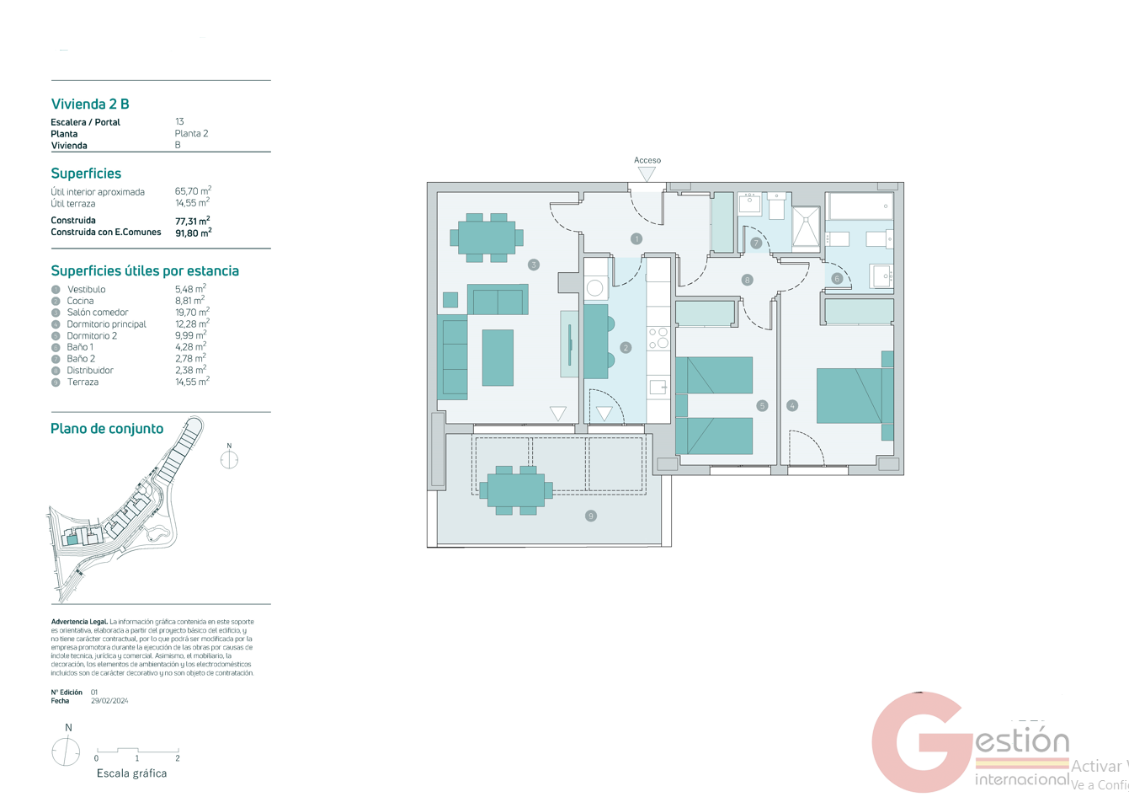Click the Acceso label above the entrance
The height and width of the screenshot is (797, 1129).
[647, 160]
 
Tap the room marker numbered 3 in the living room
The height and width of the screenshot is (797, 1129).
[533, 265]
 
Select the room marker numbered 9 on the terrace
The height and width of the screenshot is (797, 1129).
[590, 516]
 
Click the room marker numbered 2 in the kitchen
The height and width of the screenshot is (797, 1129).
[625, 347]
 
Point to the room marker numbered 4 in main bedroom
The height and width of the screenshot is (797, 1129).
[791, 405]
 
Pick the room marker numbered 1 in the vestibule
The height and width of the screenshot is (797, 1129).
[636, 239]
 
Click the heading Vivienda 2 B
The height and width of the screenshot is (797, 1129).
[90, 104]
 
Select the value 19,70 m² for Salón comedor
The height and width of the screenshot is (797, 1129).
[192, 312]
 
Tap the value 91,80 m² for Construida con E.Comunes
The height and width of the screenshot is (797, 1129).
[193, 233]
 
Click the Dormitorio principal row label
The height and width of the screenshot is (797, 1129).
[106, 324]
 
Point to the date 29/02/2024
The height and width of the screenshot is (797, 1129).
[109, 701]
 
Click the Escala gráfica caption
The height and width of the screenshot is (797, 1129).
[131, 773]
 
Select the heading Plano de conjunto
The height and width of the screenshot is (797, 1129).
[107, 429]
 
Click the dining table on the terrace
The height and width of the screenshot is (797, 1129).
[515, 489]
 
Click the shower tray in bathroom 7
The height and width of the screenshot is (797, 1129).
[805, 228]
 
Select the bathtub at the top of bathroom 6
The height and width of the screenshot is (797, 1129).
[860, 206]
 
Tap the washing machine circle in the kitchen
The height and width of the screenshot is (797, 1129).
[595, 288]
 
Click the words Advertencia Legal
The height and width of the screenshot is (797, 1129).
[79, 622]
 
